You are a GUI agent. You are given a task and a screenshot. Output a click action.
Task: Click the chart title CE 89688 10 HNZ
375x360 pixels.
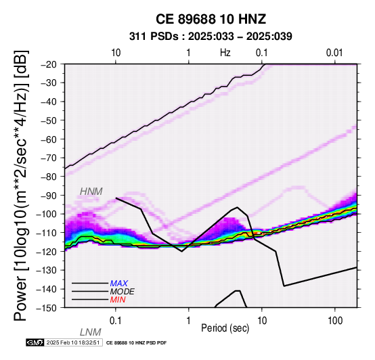coord(211,19)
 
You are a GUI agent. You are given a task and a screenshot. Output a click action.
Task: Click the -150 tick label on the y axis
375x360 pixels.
coord(47,307)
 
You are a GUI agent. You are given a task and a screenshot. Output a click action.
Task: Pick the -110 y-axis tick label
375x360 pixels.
coord(47,232)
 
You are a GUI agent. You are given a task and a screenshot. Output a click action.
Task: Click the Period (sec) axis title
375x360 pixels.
coord(225,328)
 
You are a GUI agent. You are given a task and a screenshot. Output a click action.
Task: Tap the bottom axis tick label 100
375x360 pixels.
coord(335,321)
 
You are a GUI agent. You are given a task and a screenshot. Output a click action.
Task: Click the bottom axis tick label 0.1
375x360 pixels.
coord(116,321)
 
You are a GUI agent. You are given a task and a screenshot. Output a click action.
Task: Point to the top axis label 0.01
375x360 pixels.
coord(334,53)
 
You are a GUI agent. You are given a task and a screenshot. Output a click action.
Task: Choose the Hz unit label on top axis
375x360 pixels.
coord(225,53)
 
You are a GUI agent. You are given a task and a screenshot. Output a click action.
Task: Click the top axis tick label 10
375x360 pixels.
coord(116,53)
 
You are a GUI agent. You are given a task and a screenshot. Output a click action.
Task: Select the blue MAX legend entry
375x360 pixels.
coord(119,284)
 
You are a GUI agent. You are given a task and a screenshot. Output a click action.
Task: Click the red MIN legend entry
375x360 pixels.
coord(118,300)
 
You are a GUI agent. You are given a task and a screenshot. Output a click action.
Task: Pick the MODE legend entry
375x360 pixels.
coord(123,292)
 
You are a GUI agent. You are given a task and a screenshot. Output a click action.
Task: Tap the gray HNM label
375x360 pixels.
coord(91,192)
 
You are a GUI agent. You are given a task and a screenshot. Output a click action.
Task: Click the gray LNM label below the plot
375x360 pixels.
coord(91,332)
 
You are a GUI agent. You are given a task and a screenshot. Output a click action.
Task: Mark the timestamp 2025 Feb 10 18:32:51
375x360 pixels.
coord(73,342)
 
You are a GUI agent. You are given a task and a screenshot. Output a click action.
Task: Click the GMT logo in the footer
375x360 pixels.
coord(35,342)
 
